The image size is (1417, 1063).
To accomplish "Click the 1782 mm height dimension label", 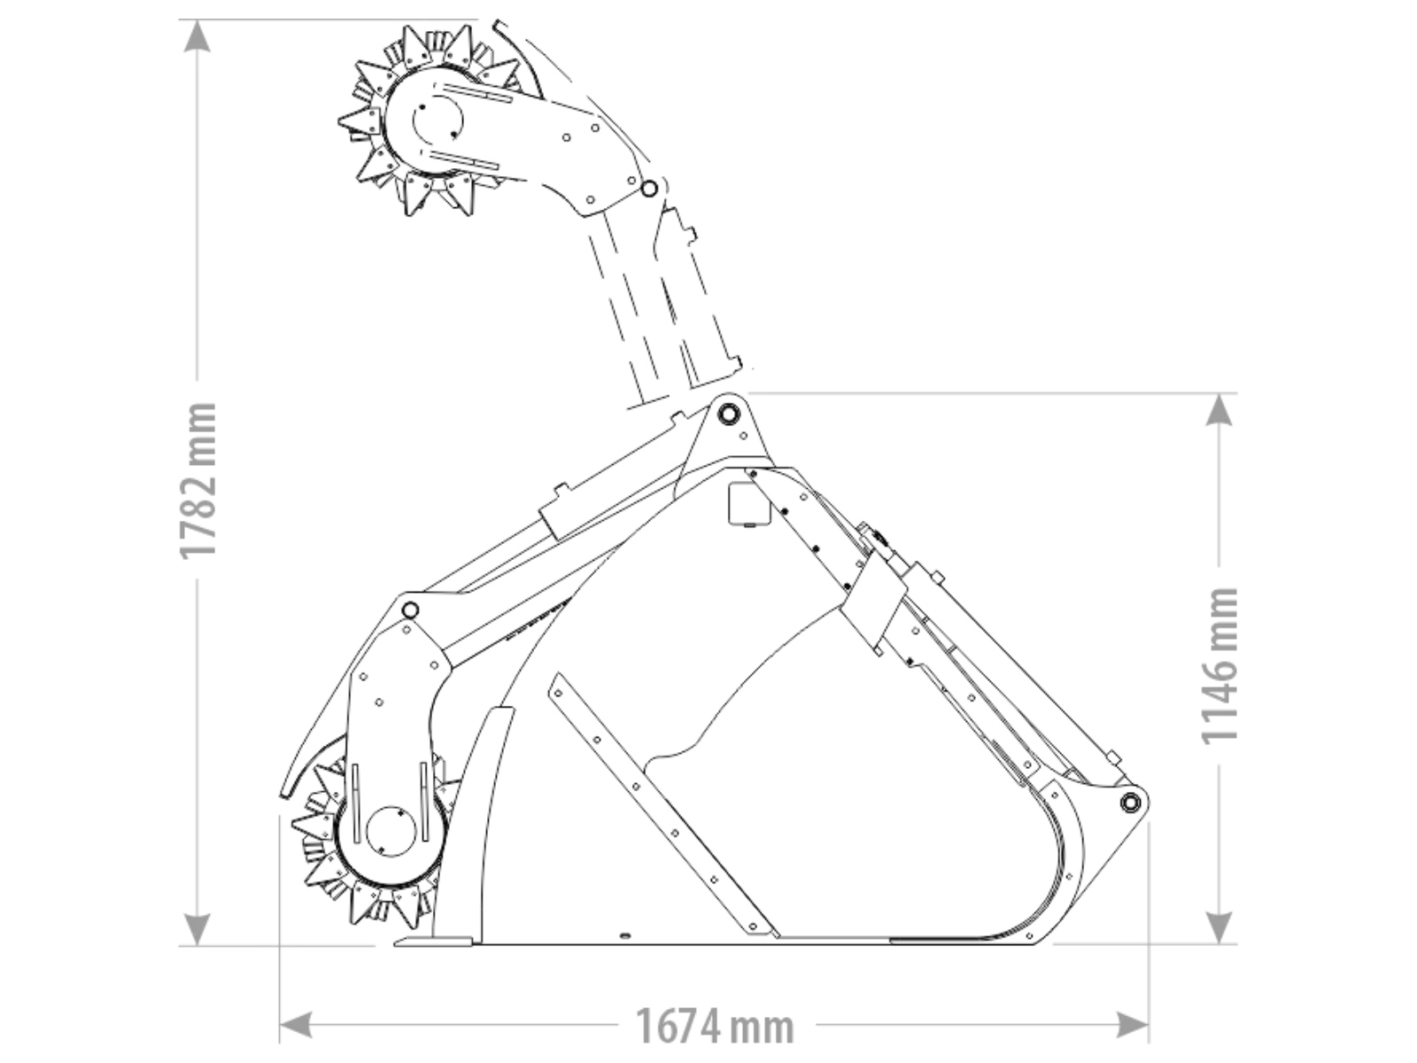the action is pyautogui.click(x=197, y=481).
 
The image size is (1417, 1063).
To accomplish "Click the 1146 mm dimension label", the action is pyautogui.click(x=1219, y=666).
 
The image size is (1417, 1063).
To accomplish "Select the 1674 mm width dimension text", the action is pyautogui.click(x=715, y=1026).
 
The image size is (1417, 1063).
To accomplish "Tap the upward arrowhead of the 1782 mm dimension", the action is pyautogui.click(x=197, y=36).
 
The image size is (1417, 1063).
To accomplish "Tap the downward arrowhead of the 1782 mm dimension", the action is pyautogui.click(x=197, y=928).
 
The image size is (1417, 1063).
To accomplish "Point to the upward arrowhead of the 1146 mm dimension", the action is pyautogui.click(x=1219, y=409).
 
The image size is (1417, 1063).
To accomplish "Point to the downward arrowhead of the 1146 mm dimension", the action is pyautogui.click(x=1219, y=927).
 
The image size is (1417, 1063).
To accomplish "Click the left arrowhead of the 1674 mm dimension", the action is pyautogui.click(x=296, y=1024).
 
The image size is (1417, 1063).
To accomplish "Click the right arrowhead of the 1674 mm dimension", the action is pyautogui.click(x=1133, y=1024).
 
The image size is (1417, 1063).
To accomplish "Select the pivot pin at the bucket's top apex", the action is pyautogui.click(x=728, y=413).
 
